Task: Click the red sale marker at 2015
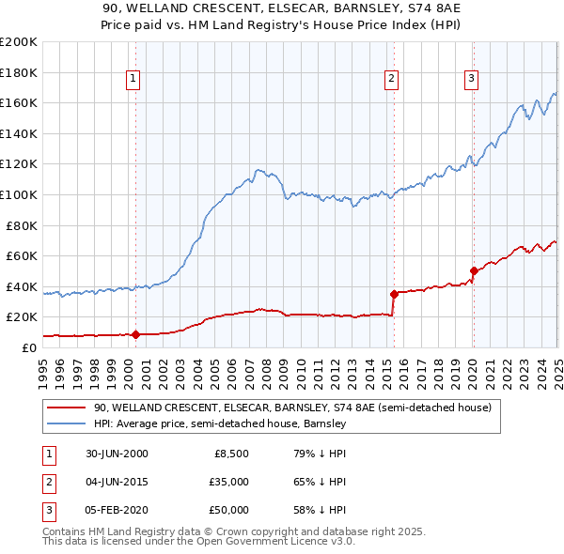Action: click(x=393, y=294)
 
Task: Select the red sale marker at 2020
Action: click(x=473, y=270)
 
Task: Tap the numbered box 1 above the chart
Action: click(x=133, y=79)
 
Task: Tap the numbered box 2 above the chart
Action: click(x=390, y=79)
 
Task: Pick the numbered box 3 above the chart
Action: click(x=470, y=79)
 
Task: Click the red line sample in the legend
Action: click(x=67, y=408)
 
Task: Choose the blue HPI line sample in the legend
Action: click(x=67, y=424)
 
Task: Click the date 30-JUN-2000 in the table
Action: click(x=117, y=454)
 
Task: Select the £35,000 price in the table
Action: click(x=227, y=482)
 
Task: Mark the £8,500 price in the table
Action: click(x=231, y=454)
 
